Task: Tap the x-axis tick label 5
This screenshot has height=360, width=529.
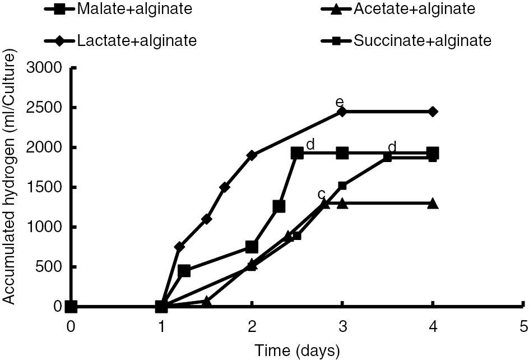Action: pyautogui.click(x=523, y=326)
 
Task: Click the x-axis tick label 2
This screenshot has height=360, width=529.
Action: pyautogui.click(x=252, y=326)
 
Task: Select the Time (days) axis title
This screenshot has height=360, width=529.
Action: pyautogui.click(x=297, y=350)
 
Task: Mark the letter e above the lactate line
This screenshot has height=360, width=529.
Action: pyautogui.click(x=338, y=103)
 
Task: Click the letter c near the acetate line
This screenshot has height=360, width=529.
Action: pyautogui.click(x=322, y=194)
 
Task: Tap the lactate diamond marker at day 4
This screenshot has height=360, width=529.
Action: pyautogui.click(x=433, y=112)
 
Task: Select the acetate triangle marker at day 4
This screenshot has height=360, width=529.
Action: pyautogui.click(x=433, y=203)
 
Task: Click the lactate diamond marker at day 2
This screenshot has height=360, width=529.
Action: pyautogui.click(x=252, y=155)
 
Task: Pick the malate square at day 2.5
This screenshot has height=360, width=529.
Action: pyautogui.click(x=297, y=153)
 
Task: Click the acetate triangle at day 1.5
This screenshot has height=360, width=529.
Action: pyautogui.click(x=206, y=302)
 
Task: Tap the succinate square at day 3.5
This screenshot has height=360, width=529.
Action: pyautogui.click(x=387, y=158)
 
